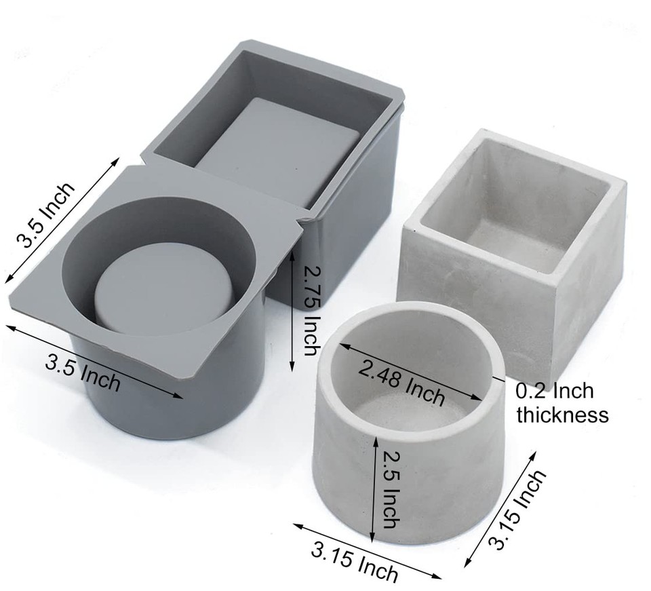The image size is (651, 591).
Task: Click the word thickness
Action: click(x=562, y=415)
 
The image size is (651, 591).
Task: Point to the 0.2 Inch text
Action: click(x=555, y=391)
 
